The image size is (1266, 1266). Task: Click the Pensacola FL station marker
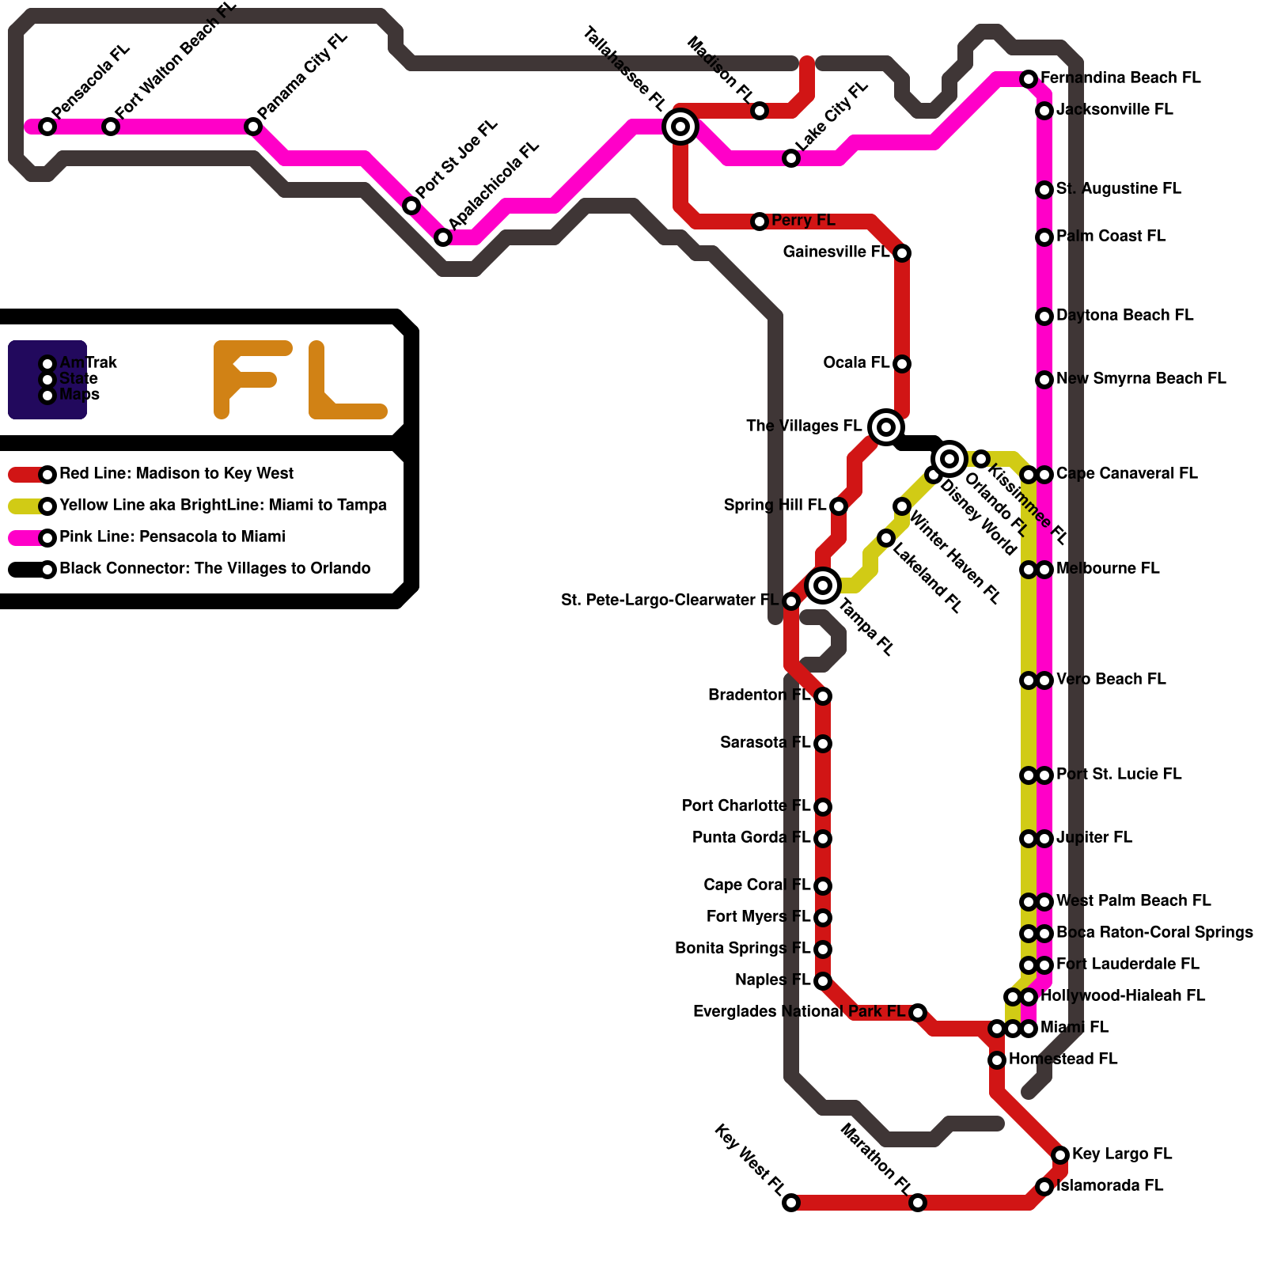click(47, 127)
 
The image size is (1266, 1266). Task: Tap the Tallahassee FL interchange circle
click(680, 127)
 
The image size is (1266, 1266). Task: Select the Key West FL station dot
click(791, 1203)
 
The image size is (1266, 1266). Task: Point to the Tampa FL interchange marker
click(823, 586)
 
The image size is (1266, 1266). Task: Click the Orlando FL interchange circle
click(949, 459)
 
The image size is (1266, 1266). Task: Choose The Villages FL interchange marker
click(886, 427)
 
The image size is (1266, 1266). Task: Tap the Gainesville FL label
click(836, 252)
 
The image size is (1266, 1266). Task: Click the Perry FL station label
click(803, 221)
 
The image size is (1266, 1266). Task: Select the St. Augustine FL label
click(1118, 189)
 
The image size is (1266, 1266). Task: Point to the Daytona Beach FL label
click(1124, 316)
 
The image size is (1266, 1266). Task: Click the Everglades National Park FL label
click(798, 1012)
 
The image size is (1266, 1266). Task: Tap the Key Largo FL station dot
click(1060, 1155)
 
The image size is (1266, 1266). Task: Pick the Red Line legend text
click(176, 474)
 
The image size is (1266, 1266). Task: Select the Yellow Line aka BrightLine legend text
click(223, 506)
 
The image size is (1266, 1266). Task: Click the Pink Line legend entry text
click(172, 537)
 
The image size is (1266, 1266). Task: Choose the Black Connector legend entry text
click(214, 569)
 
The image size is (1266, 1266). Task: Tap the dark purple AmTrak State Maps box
click(47, 380)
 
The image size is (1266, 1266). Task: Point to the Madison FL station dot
click(760, 111)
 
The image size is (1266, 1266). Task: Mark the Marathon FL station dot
click(918, 1203)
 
